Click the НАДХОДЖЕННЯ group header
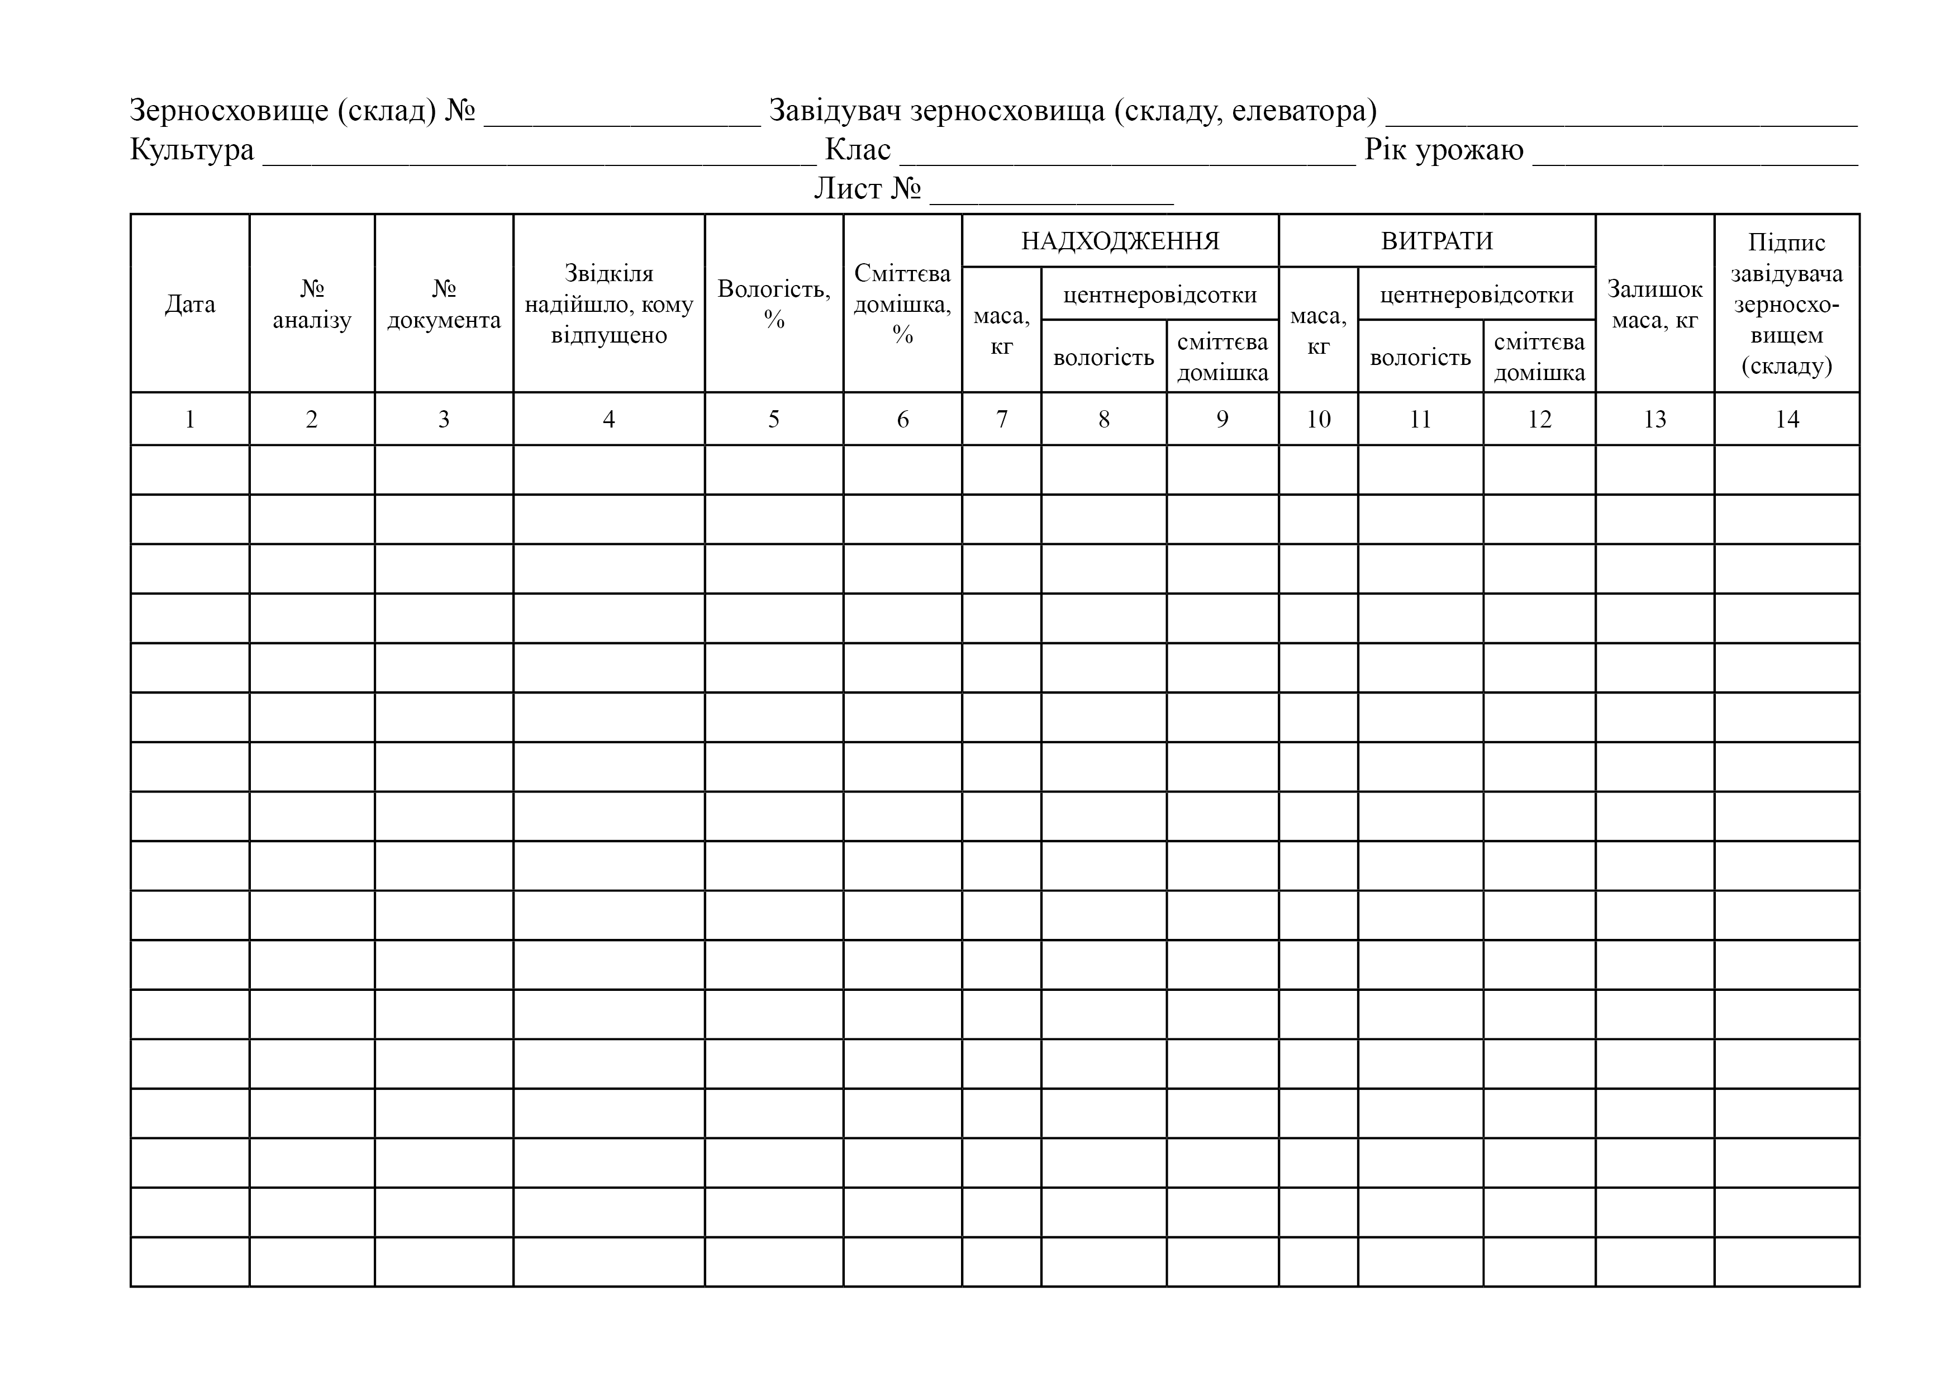tap(1120, 241)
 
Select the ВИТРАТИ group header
tap(1436, 241)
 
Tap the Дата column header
tap(189, 304)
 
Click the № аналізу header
tap(312, 304)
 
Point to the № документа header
tap(444, 304)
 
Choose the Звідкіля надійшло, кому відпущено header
tap(608, 304)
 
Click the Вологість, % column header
tap(773, 304)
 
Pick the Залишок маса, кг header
tap(1654, 304)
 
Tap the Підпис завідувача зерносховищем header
tap(1787, 304)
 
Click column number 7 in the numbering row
tap(1001, 419)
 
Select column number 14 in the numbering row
tap(1787, 419)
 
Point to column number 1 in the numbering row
tap(189, 419)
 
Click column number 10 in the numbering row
tap(1318, 419)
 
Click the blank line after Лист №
tap(1051, 194)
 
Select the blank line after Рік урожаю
tap(1695, 155)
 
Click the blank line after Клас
tap(1127, 155)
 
